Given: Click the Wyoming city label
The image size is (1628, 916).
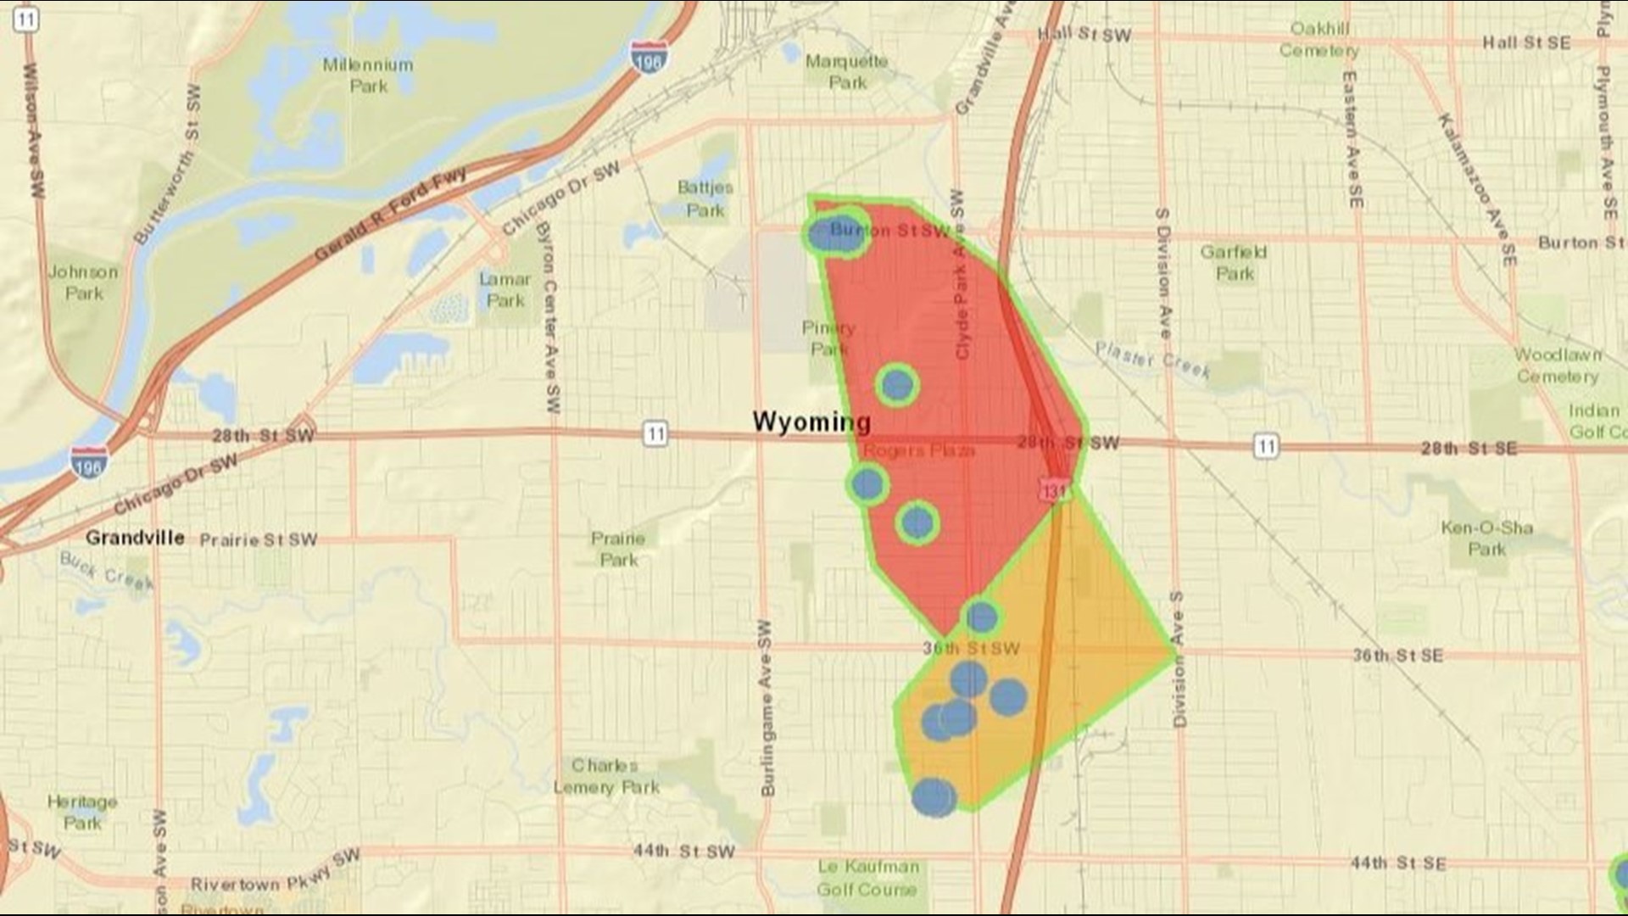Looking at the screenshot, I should (x=811, y=422).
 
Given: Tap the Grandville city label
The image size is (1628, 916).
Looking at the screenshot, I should (x=135, y=538).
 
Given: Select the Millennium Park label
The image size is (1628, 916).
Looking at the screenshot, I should (x=368, y=75).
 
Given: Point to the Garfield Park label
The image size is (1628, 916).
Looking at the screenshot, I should (x=1234, y=262).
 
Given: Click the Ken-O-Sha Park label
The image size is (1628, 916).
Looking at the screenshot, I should (x=1486, y=538).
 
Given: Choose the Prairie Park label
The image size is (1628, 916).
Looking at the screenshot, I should (x=618, y=549).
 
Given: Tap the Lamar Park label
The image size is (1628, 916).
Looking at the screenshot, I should (x=505, y=289).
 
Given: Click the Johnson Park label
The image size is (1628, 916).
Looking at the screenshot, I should (x=83, y=282).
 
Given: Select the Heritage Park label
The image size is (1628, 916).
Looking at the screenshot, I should (x=82, y=812).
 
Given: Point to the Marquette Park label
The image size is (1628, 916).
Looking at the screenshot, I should (x=846, y=71).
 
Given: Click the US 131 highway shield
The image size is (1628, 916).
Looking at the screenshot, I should (x=1054, y=491).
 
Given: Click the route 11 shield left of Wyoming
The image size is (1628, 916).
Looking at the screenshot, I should (x=655, y=434).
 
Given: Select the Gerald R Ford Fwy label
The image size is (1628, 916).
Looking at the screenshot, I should (x=390, y=214).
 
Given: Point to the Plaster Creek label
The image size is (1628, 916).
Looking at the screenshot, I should (x=1151, y=360).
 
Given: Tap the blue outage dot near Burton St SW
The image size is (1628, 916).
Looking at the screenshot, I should (x=834, y=233).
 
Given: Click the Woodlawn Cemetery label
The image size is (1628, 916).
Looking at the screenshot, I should (x=1558, y=365).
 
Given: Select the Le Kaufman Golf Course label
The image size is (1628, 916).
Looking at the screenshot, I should (x=867, y=878).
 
